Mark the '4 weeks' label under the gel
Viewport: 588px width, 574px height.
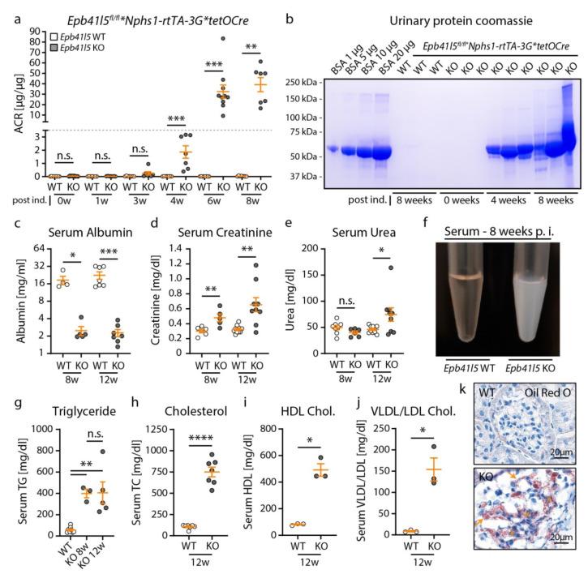point(502,197)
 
